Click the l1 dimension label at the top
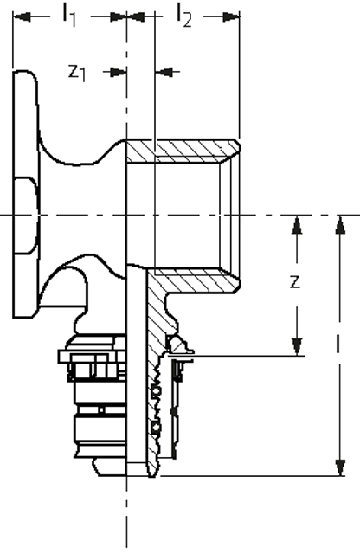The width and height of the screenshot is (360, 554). tap(69, 16)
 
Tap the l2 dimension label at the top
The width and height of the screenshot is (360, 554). tap(183, 16)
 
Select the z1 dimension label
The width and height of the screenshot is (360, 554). tap(77, 73)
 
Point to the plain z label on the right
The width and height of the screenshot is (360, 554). tap(295, 282)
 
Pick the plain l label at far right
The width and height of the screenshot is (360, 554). tap(338, 344)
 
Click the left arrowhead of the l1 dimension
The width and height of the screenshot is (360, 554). tap(22, 16)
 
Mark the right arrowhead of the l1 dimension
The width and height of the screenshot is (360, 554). tap(118, 16)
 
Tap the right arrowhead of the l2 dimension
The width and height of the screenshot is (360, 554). tap(231, 16)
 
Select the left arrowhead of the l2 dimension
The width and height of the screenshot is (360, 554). tap(136, 16)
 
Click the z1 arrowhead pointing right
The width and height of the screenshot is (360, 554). tap(118, 72)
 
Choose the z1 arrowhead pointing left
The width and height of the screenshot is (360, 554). tap(164, 72)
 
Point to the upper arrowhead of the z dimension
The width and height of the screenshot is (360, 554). tap(297, 225)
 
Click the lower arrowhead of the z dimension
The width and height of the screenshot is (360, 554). tap(297, 346)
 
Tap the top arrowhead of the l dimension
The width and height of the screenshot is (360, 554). tap(340, 225)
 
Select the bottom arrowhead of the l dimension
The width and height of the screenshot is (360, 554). tap(340, 467)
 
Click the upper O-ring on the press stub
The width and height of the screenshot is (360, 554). tap(156, 391)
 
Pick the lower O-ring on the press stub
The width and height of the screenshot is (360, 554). tap(156, 428)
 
